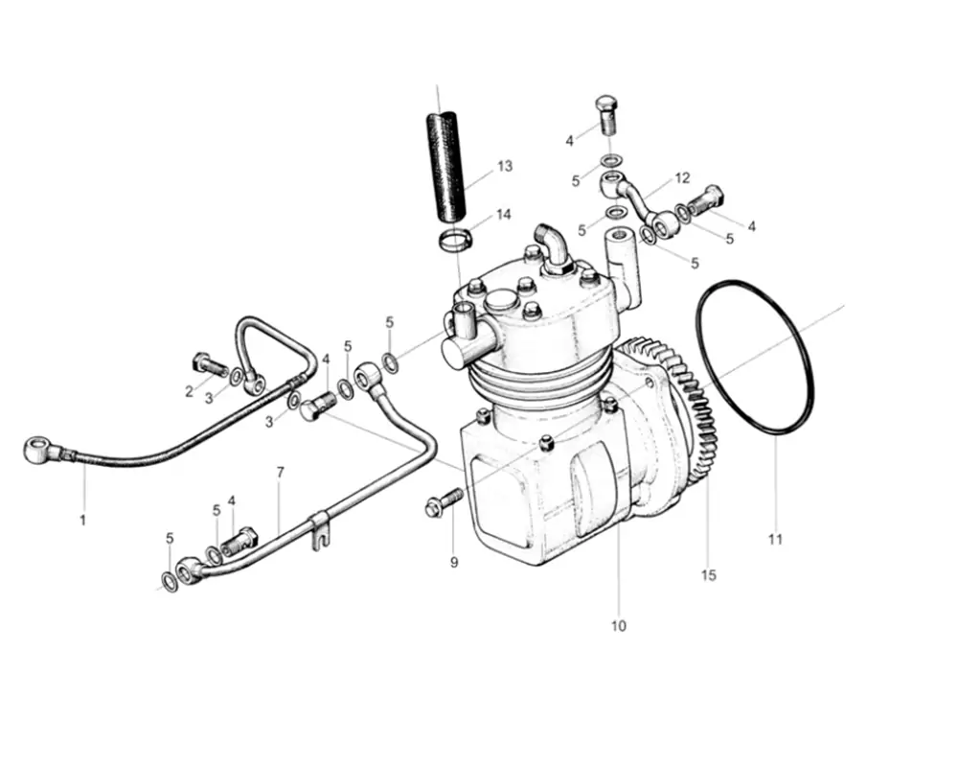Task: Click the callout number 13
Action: click(x=505, y=167)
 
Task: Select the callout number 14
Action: click(x=504, y=214)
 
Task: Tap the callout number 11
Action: click(x=775, y=540)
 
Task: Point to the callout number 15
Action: click(x=708, y=575)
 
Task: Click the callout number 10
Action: click(x=618, y=626)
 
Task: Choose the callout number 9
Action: click(x=455, y=563)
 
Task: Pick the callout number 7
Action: click(x=280, y=473)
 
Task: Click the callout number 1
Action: click(x=82, y=521)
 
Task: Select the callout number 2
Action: click(x=190, y=391)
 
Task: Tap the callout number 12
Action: click(x=682, y=178)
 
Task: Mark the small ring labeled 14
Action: click(x=457, y=240)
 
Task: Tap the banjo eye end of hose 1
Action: click(x=38, y=446)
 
